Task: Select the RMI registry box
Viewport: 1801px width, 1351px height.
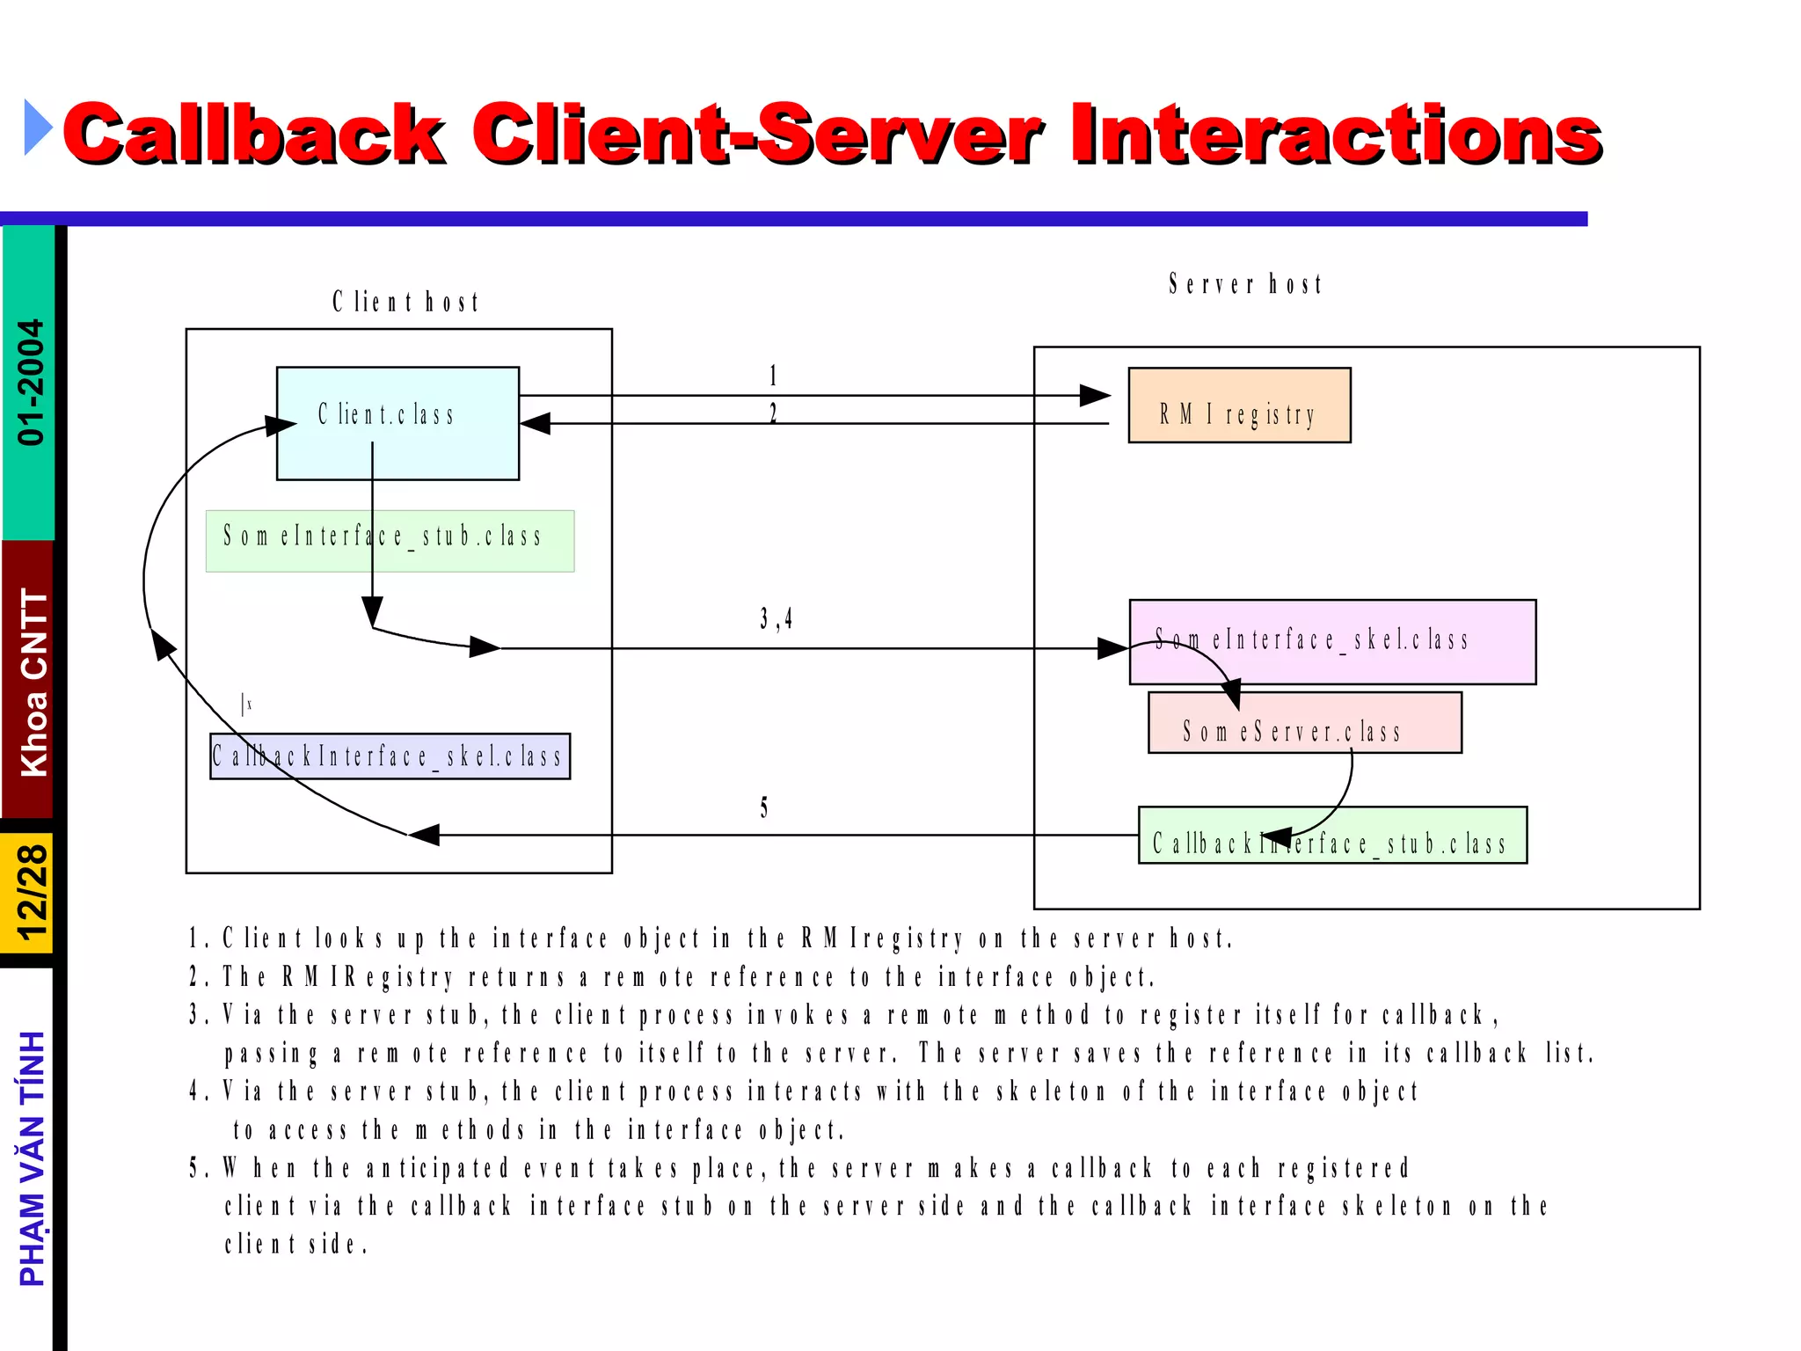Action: pyautogui.click(x=1239, y=405)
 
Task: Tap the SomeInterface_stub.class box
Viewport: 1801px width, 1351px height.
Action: pyautogui.click(x=390, y=541)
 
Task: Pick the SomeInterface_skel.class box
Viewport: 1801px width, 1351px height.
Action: pyautogui.click(x=1332, y=641)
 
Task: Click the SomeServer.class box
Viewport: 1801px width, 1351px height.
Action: pyautogui.click(x=1305, y=723)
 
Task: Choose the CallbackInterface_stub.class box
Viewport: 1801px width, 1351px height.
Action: pyautogui.click(x=1332, y=836)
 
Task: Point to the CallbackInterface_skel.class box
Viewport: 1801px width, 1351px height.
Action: pyautogui.click(x=390, y=756)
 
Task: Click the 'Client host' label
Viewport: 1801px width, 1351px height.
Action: pyautogui.click(x=405, y=303)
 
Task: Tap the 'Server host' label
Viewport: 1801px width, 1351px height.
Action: pyautogui.click(x=1245, y=284)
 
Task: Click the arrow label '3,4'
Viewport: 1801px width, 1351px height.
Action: pyautogui.click(x=776, y=619)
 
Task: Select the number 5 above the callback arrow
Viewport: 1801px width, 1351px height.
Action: pyautogui.click(x=764, y=807)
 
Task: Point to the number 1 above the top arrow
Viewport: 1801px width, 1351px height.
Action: pyautogui.click(x=773, y=376)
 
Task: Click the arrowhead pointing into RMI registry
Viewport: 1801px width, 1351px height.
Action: pyautogui.click(x=1094, y=396)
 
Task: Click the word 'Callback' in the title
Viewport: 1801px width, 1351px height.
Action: pyautogui.click(x=255, y=134)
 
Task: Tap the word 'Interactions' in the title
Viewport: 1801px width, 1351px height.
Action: pyautogui.click(x=1337, y=134)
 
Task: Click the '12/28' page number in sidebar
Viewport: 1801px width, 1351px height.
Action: pyautogui.click(x=32, y=893)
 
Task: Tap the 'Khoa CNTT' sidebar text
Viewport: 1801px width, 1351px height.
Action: pyautogui.click(x=33, y=682)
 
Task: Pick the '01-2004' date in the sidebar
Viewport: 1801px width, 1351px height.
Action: pyautogui.click(x=31, y=383)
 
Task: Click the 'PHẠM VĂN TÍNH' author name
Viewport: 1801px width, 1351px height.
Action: pyautogui.click(x=33, y=1159)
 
